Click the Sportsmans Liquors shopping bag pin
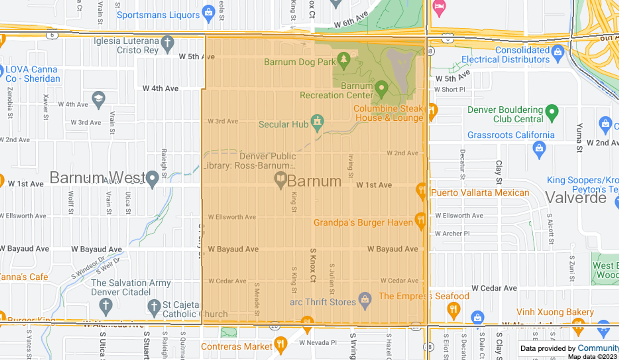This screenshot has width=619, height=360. pos(209,13)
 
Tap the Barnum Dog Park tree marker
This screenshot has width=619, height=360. pos(344,60)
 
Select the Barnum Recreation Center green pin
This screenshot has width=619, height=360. pos(381,88)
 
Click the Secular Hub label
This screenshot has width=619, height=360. pos(283,124)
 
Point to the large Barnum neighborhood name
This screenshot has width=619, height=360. pos(314,181)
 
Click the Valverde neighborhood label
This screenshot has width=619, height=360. pos(575,197)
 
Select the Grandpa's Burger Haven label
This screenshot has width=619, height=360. pos(363,223)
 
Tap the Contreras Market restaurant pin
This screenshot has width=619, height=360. pos(280,344)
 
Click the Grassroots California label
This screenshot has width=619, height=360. pos(511,135)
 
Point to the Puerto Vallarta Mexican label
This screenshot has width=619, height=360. pos(480,193)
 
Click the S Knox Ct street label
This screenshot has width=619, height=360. pos(313,265)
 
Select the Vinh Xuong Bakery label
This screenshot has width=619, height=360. pos(555,312)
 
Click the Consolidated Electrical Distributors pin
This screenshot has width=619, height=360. pos(558,53)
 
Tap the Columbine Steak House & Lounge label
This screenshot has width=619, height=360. pos(388,113)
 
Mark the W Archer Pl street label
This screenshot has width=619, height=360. pos(452,233)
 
